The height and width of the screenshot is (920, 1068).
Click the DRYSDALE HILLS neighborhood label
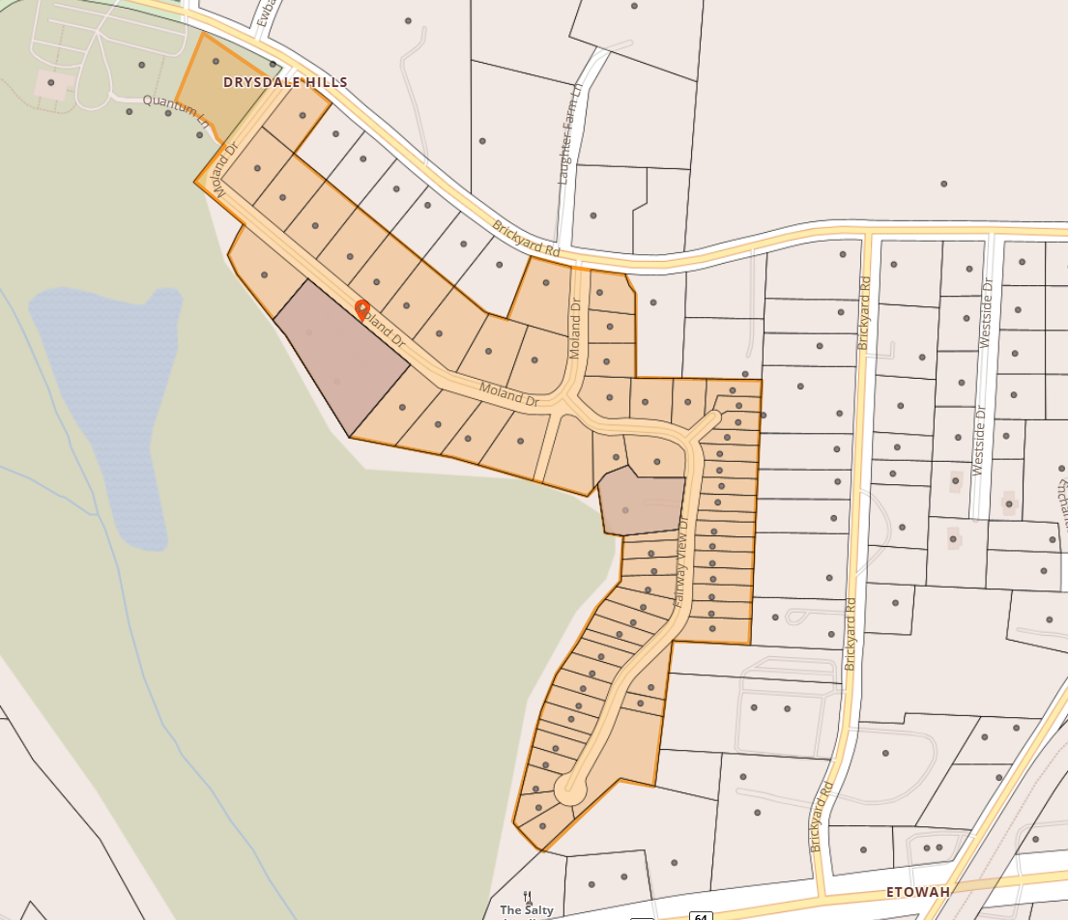pyautogui.click(x=285, y=82)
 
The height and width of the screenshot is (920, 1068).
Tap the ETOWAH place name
pyautogui.click(x=917, y=891)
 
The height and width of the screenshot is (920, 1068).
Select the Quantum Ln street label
pyautogui.click(x=175, y=110)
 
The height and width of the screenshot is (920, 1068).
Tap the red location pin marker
pyautogui.click(x=362, y=309)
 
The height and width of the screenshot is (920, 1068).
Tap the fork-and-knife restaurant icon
pyautogui.click(x=527, y=896)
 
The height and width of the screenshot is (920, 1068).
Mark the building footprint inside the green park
pyautogui.click(x=54, y=85)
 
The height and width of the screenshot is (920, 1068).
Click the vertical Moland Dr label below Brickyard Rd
pyautogui.click(x=575, y=329)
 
